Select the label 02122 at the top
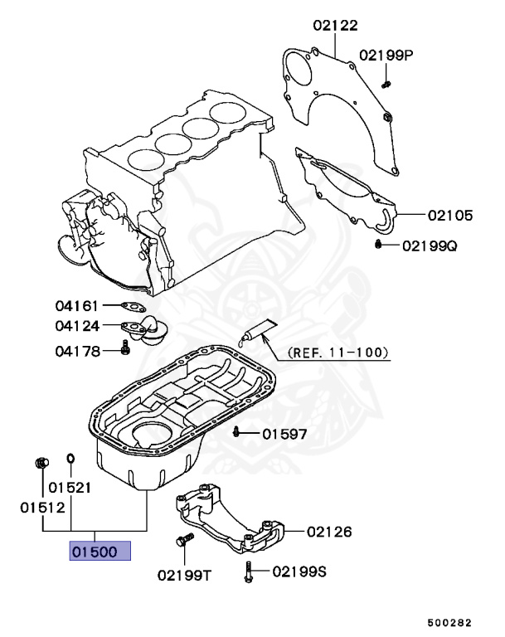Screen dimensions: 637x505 [x=335, y=26]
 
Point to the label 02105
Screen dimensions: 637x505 [x=450, y=216]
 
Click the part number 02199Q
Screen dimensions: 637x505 [x=430, y=246]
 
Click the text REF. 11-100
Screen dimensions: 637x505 [x=337, y=352]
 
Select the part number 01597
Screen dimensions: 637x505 [x=284, y=433]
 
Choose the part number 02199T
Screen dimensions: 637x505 [x=186, y=574]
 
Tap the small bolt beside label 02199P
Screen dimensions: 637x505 [x=386, y=82]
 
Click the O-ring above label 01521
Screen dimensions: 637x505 [x=70, y=458]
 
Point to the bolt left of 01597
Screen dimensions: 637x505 [x=237, y=431]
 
